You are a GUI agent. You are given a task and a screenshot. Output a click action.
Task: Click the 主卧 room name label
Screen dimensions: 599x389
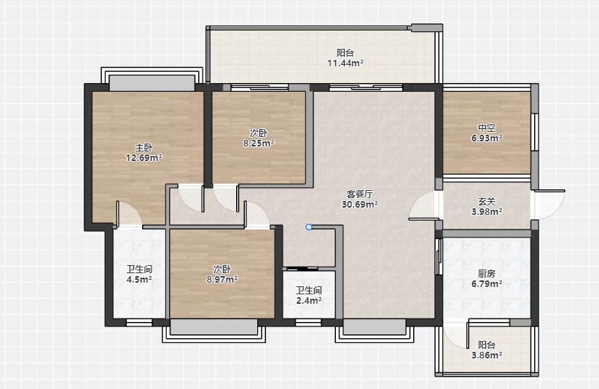click(144, 147)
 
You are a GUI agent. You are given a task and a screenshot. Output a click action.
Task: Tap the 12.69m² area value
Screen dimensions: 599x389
click(144, 157)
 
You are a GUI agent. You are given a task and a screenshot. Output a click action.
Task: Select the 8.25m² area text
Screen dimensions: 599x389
click(259, 144)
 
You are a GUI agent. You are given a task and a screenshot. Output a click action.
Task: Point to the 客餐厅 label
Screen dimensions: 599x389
click(359, 194)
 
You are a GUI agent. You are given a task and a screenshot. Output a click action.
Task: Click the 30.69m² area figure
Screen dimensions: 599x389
click(359, 204)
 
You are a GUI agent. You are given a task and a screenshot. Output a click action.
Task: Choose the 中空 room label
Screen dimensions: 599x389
click(487, 128)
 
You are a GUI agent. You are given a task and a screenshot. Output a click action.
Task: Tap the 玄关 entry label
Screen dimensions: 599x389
click(487, 201)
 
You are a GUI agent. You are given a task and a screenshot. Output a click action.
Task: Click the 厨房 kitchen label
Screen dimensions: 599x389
click(487, 274)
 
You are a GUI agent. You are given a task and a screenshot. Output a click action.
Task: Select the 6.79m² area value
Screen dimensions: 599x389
click(487, 283)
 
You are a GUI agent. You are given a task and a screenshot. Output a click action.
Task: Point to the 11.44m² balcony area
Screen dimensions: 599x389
click(345, 63)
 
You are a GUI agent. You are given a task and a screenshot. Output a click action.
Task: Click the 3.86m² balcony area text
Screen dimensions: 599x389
click(487, 355)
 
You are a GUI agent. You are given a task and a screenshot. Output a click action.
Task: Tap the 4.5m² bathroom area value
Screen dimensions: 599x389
click(139, 279)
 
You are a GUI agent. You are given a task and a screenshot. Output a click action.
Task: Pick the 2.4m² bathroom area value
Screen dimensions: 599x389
click(309, 300)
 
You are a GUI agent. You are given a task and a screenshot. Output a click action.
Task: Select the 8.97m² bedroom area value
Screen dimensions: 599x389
click(222, 279)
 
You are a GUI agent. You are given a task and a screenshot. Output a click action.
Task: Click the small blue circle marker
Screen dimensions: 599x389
click(309, 227)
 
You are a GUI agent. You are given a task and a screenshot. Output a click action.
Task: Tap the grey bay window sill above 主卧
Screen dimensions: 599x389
click(152, 83)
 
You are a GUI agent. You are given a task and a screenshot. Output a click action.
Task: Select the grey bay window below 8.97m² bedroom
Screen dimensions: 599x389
click(214, 327)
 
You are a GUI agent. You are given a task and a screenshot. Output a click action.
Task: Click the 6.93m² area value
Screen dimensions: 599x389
click(487, 138)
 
